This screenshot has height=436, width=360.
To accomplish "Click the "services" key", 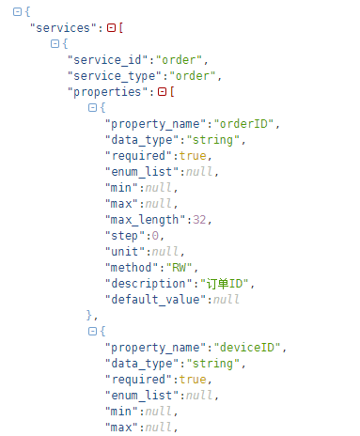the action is (63, 28).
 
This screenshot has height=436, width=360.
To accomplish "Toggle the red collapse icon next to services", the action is (111, 28).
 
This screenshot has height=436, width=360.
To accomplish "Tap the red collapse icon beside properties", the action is (162, 92).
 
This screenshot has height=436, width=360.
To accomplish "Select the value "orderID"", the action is (243, 124).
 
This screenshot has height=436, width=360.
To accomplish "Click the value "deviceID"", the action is (247, 348).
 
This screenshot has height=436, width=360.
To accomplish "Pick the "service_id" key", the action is (108, 60).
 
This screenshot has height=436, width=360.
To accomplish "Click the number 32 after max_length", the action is (199, 220).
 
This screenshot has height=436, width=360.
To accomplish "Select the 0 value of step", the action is (155, 236).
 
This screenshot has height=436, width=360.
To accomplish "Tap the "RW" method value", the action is (179, 268).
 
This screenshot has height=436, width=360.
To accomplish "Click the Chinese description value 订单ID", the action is (225, 284).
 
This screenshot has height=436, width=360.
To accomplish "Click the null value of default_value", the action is (227, 300).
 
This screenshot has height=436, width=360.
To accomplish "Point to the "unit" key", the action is (125, 252).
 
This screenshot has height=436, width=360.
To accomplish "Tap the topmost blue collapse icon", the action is (17, 12).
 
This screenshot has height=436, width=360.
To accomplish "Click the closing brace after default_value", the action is (89, 315).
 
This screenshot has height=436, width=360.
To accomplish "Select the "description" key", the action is (149, 284).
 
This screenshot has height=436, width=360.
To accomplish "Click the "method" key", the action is (132, 268).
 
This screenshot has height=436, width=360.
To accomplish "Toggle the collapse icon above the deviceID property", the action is (92, 331).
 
